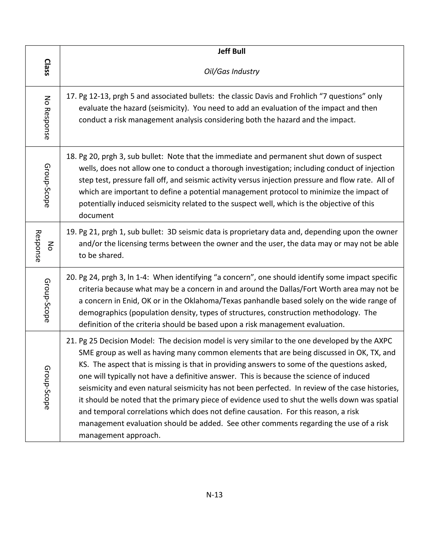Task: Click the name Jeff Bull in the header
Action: coord(231,51)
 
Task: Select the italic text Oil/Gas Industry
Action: coord(231,71)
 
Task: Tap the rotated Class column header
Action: coord(47,67)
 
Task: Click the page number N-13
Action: coord(214,494)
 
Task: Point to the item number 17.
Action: coord(71,96)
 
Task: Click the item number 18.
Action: coord(71,156)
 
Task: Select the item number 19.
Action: coord(71,232)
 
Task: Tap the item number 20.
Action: coord(71,277)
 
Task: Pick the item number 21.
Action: coord(71,341)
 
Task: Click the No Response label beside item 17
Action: coord(47,117)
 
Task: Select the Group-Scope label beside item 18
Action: coord(47,186)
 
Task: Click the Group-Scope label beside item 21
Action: coord(47,387)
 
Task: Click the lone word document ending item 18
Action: coord(96,216)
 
